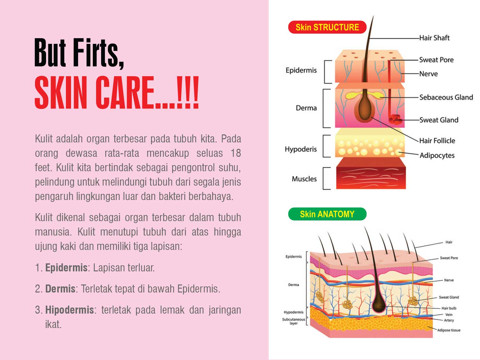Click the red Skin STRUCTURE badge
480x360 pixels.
(327, 27)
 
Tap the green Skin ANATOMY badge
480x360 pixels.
(327, 214)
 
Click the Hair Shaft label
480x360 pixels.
(434, 38)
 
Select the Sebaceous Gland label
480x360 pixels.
(446, 97)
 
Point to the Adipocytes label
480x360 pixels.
(437, 156)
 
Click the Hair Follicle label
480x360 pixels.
(437, 140)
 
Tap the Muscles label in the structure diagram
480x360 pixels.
(304, 179)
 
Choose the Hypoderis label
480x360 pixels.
(301, 149)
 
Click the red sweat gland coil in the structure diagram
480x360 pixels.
(395, 119)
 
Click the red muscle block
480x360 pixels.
(371, 173)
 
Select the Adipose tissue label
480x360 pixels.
(449, 330)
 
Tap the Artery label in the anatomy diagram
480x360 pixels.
(449, 320)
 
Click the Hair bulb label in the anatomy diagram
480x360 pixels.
(449, 308)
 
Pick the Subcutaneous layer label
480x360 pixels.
(293, 321)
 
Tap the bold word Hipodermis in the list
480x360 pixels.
(69, 310)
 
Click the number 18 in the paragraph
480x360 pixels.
(236, 153)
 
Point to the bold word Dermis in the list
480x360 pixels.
(60, 289)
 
